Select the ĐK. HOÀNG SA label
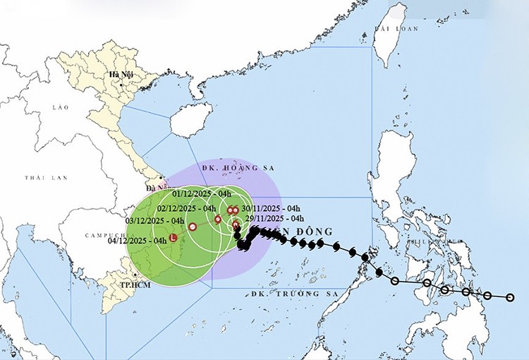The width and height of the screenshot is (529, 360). coord(238,169)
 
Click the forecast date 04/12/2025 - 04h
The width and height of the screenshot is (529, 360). coord(138,240)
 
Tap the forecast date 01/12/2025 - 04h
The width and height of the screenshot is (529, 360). coord(202,193)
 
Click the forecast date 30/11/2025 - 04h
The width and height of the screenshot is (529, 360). coord(261,208)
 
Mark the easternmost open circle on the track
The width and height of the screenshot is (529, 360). coord(510,297)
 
